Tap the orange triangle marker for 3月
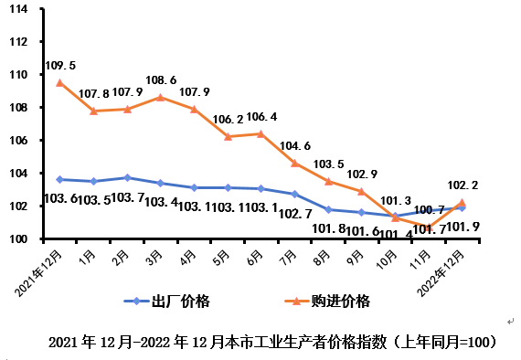click(x=161, y=97)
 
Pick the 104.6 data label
click(x=295, y=145)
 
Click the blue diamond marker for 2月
click(x=127, y=177)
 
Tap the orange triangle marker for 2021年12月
click(x=59, y=82)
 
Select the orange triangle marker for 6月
click(x=261, y=133)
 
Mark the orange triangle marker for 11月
click(x=429, y=228)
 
